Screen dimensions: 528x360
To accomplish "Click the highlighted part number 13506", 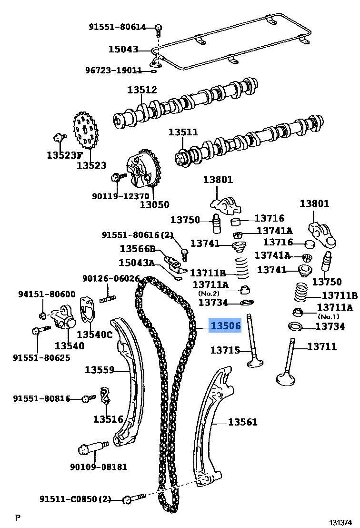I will tap(226, 326).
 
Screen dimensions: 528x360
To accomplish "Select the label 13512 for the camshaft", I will tap(142, 90).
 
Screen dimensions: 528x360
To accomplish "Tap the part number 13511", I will tap(183, 132).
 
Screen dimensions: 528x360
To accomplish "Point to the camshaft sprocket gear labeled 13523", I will tap(86, 129).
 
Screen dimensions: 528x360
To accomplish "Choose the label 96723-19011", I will tap(113, 71).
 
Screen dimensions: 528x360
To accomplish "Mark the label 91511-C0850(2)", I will tap(75, 499).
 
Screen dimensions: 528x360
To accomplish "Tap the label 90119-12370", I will tap(121, 196).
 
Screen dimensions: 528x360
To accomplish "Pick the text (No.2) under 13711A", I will tap(209, 293).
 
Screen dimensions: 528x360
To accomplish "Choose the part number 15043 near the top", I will tap(123, 49).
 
